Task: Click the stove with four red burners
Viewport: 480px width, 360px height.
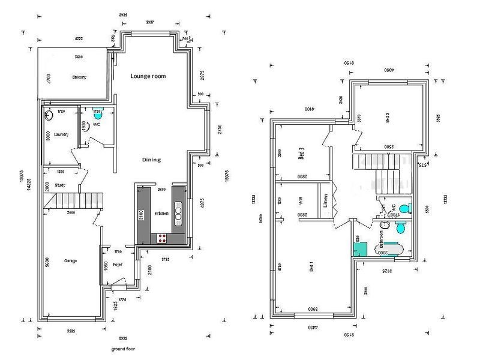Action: pos(162,238)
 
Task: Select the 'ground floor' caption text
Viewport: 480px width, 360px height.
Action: pos(123,349)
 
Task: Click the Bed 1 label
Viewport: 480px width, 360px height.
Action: pos(310,268)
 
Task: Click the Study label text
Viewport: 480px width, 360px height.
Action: pos(60,185)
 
